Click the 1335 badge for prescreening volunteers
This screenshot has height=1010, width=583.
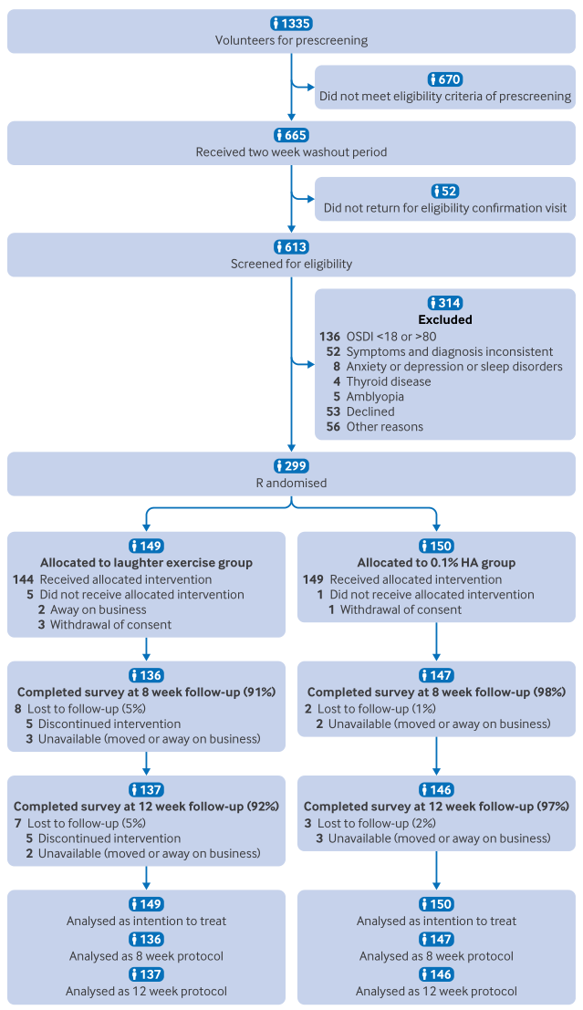(x=291, y=24)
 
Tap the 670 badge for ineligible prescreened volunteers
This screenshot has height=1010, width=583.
(x=445, y=79)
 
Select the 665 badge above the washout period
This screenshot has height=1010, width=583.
(x=291, y=135)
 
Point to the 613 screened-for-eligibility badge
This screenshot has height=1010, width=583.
(x=291, y=246)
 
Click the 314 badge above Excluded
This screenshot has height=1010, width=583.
(x=445, y=303)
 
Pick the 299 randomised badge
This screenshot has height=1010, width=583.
(x=291, y=465)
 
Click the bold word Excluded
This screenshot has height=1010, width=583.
(x=445, y=319)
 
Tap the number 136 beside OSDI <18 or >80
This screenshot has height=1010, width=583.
(x=330, y=337)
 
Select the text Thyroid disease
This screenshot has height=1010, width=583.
(x=389, y=381)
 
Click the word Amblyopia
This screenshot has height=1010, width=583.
(x=375, y=397)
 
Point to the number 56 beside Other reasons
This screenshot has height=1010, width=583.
(x=333, y=426)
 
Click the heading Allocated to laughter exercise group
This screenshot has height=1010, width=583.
(x=146, y=562)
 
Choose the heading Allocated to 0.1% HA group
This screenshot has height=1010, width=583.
(x=436, y=562)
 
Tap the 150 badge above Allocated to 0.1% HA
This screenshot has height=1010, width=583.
(x=436, y=546)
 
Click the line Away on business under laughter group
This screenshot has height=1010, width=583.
(x=99, y=609)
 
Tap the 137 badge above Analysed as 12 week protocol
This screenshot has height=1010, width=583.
(x=146, y=974)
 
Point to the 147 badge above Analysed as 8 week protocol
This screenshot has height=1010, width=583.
(x=436, y=939)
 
